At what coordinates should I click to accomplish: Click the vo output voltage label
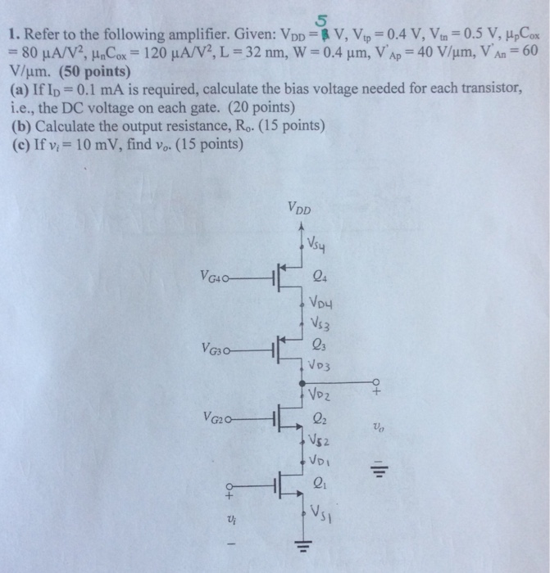click(x=377, y=426)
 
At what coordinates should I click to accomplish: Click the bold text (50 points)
click(x=85, y=71)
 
